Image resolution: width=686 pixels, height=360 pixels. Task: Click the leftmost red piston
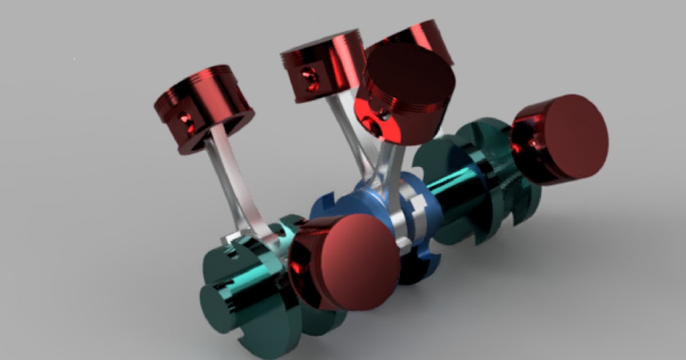(203, 109)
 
